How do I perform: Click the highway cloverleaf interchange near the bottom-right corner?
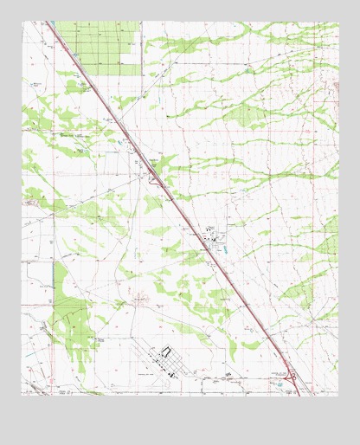point(292,377)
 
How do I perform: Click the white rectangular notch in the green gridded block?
point(130,59)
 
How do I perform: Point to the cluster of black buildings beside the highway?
point(210,235)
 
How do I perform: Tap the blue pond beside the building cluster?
point(226,248)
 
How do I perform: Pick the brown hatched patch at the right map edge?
point(335,87)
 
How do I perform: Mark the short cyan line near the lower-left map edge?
point(30,355)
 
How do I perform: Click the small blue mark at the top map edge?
point(52,23)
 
